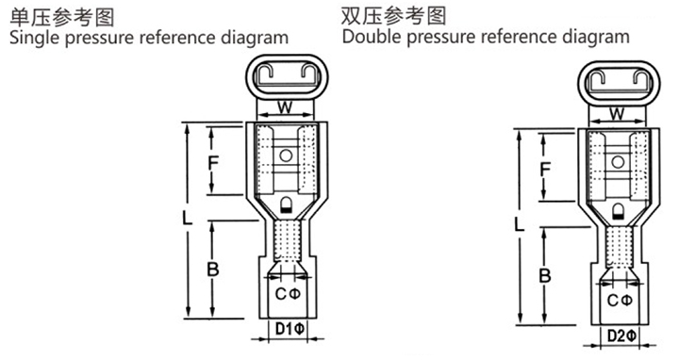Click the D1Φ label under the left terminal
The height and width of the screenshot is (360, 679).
click(x=290, y=329)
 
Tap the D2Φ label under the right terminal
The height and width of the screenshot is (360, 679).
click(x=621, y=335)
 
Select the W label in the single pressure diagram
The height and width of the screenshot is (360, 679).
click(x=285, y=106)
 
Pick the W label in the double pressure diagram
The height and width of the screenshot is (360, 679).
click(x=617, y=114)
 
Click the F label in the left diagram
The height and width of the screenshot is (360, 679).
click(x=213, y=163)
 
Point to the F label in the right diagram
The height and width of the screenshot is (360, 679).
click(x=545, y=170)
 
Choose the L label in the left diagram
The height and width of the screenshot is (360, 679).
click(x=187, y=218)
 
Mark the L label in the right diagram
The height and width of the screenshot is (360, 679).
click(x=519, y=224)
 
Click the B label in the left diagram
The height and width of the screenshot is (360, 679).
click(x=212, y=270)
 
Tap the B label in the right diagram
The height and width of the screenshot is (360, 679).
click(x=545, y=275)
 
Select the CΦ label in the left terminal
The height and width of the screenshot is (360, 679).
click(x=288, y=294)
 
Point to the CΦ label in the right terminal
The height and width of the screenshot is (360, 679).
click(x=620, y=301)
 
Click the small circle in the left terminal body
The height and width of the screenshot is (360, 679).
click(x=286, y=155)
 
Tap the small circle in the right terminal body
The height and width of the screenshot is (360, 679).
click(x=618, y=162)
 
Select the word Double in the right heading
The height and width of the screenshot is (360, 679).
click(x=372, y=37)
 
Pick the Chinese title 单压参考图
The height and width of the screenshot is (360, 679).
click(x=62, y=17)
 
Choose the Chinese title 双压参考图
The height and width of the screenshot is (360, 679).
click(x=393, y=16)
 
